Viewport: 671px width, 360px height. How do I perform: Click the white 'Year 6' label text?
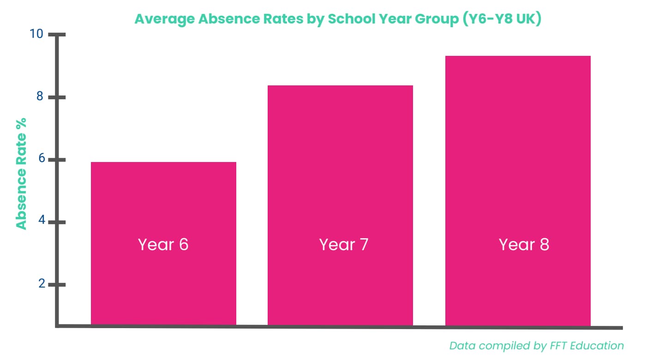[x=163, y=245]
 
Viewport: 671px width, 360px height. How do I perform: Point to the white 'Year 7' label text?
[x=344, y=245]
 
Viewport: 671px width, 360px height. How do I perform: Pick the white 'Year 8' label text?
[x=524, y=245]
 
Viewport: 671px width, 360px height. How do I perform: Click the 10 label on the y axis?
[x=36, y=34]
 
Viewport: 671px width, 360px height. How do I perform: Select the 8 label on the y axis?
[x=40, y=96]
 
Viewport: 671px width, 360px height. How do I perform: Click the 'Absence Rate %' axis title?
[x=21, y=174]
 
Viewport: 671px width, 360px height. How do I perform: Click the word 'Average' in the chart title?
[x=163, y=20]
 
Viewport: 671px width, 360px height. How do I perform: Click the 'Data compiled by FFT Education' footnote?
[x=536, y=346]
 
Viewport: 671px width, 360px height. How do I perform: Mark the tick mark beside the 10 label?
[x=57, y=35]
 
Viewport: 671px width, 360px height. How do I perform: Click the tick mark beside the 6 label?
[x=57, y=160]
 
